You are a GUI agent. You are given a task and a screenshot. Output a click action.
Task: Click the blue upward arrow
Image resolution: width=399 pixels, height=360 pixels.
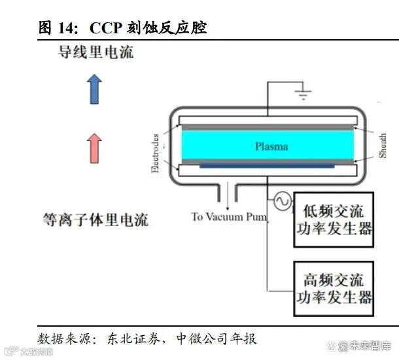(x=95, y=89)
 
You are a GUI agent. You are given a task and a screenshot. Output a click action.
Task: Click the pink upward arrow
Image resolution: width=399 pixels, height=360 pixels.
(x=95, y=148)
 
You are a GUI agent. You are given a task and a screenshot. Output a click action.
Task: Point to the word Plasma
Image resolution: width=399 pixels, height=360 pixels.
(x=271, y=146)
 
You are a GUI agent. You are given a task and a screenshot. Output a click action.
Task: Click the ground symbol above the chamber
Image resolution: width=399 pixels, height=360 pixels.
(x=302, y=95)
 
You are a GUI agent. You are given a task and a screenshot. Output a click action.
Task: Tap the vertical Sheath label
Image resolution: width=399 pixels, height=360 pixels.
(x=383, y=147)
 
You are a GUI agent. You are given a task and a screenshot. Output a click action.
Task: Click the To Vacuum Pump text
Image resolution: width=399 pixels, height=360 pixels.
(x=229, y=217)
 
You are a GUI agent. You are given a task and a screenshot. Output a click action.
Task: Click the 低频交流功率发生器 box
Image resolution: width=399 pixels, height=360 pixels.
(x=333, y=220)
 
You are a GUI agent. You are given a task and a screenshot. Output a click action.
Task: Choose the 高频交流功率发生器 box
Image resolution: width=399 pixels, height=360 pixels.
(x=333, y=289)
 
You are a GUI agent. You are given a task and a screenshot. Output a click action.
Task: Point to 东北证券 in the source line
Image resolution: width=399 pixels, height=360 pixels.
(x=139, y=338)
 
